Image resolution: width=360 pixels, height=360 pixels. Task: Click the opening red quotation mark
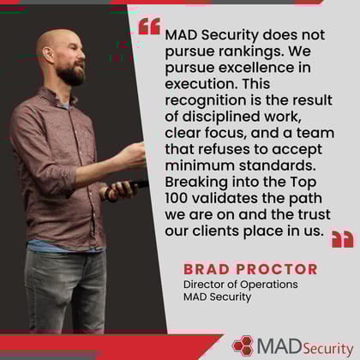click(x=148, y=27)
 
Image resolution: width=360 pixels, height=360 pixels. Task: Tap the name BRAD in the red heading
click(x=207, y=269)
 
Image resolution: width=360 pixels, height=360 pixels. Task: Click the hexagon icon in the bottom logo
click(x=243, y=345)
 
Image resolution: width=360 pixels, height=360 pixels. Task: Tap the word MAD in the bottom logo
click(x=277, y=345)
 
